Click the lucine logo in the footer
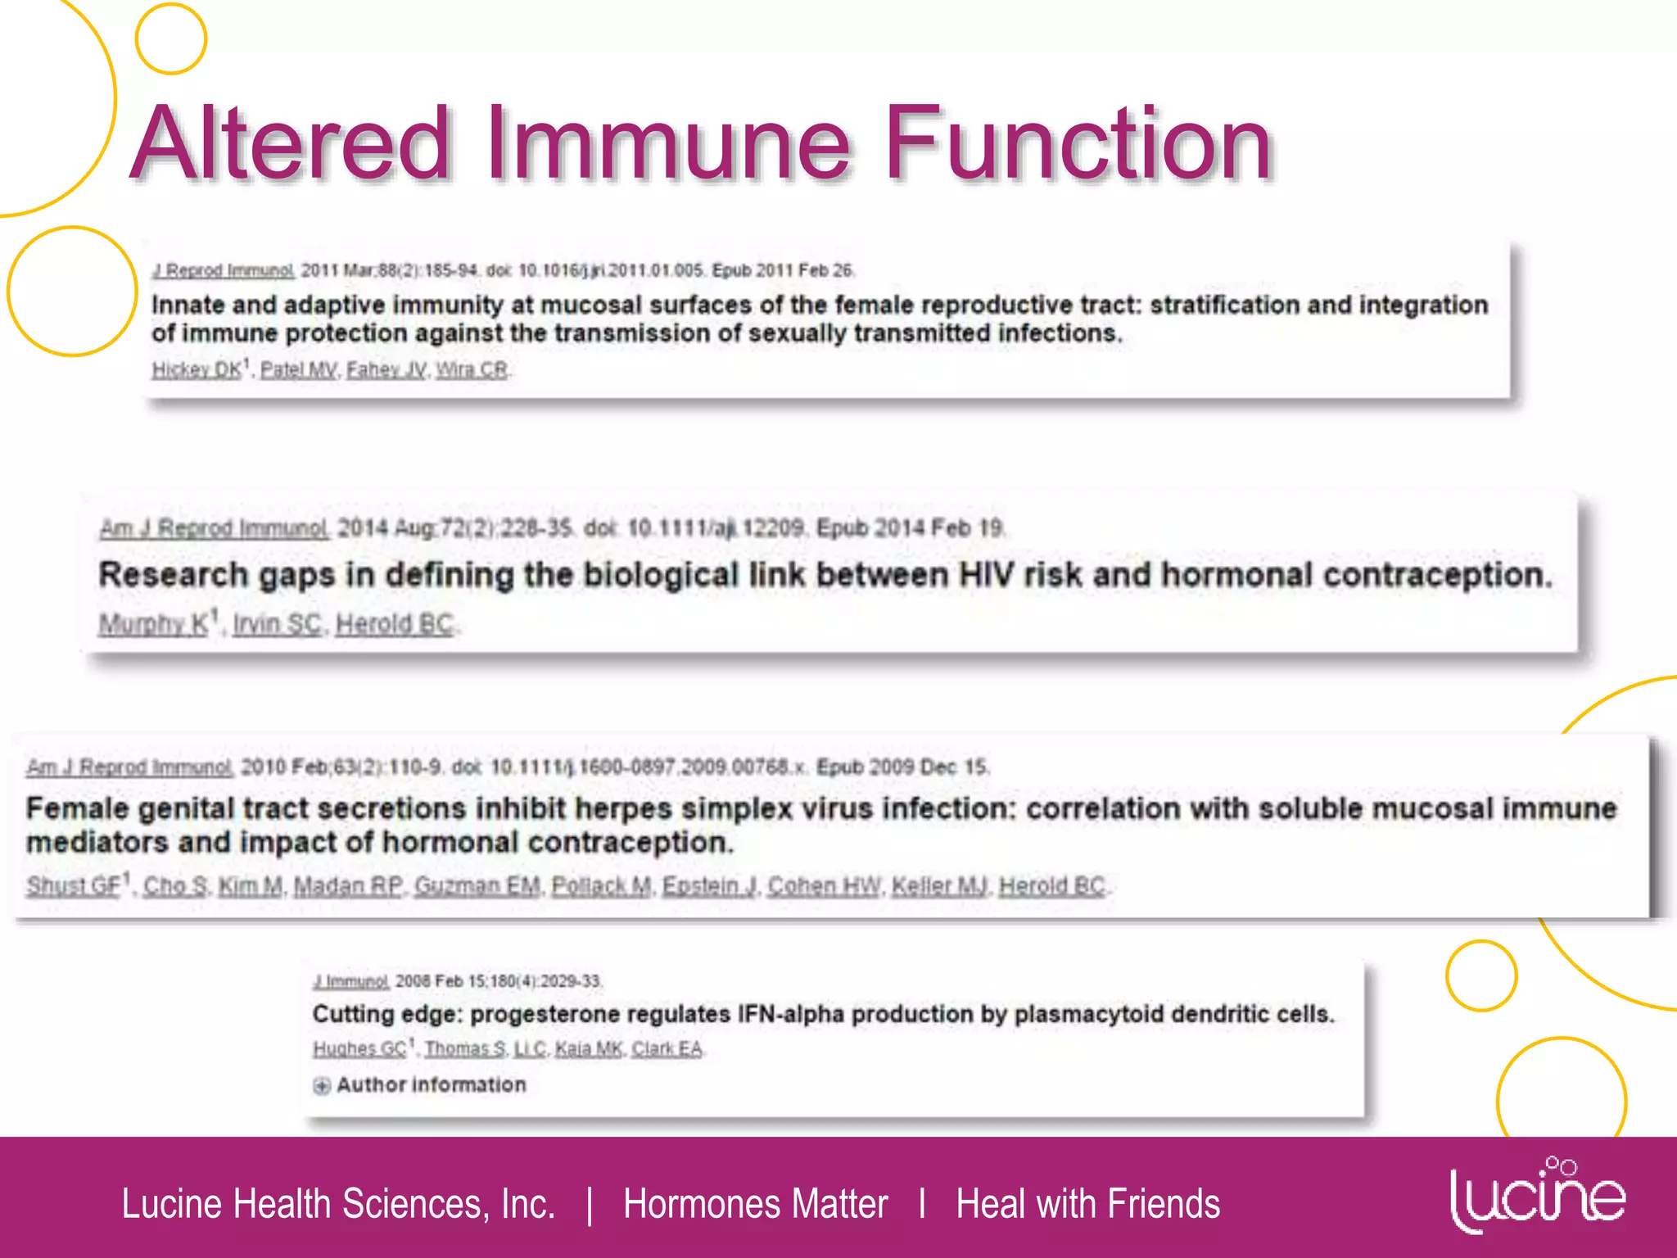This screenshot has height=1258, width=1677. (1537, 1197)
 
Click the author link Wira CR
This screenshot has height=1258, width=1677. (472, 370)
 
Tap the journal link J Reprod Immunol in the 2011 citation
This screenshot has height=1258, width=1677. (223, 270)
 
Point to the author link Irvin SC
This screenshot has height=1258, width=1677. (277, 624)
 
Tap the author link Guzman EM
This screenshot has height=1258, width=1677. (477, 885)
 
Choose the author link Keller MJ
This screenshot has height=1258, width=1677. (940, 885)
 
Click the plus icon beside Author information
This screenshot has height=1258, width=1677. (322, 1085)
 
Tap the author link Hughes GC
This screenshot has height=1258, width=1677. (359, 1048)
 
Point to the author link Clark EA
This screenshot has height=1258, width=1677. (667, 1048)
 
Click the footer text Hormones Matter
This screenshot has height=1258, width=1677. (755, 1204)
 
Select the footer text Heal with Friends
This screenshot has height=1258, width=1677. (1087, 1204)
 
